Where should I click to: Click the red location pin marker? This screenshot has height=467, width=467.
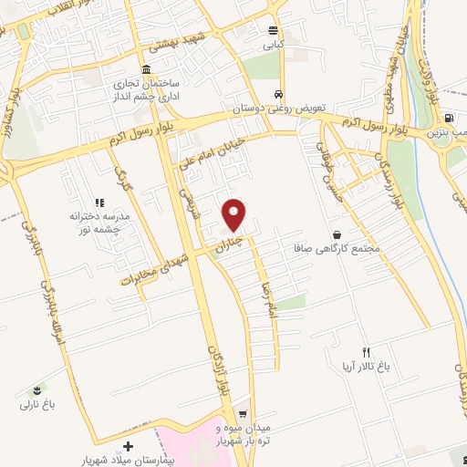click(x=235, y=214)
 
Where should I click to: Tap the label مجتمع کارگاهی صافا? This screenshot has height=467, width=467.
click(x=333, y=248)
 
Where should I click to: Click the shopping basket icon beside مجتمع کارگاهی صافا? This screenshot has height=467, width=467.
click(x=337, y=234)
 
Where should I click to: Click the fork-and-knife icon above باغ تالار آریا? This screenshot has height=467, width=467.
click(x=367, y=351)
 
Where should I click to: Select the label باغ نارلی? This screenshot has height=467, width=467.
click(x=36, y=401)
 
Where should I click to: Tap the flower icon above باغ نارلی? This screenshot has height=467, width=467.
click(x=36, y=389)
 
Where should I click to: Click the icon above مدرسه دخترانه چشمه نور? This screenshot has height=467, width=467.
click(x=99, y=202)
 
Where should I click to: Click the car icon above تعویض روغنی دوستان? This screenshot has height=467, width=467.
click(x=277, y=94)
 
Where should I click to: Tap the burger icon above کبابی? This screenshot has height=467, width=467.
click(x=273, y=29)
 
